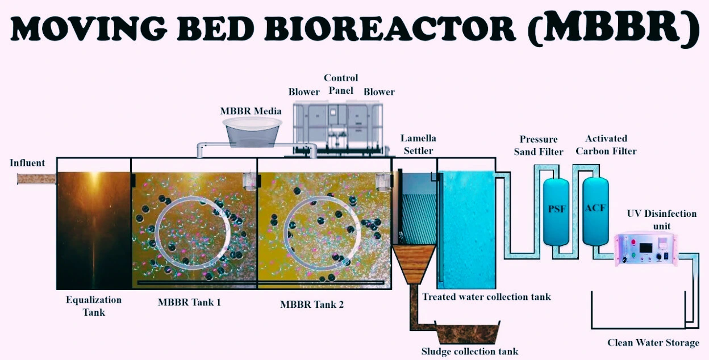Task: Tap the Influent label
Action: tap(27, 163)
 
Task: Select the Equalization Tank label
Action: tap(94, 305)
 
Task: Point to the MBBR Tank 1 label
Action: tap(189, 302)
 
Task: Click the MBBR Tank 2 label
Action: tap(312, 304)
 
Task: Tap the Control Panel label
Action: tap(341, 84)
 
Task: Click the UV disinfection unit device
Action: tap(648, 250)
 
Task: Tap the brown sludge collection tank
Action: tap(467, 333)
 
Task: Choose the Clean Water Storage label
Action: tap(653, 342)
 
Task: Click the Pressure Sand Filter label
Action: tap(539, 145)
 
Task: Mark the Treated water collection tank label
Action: tap(486, 296)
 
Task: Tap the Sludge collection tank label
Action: tap(470, 351)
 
